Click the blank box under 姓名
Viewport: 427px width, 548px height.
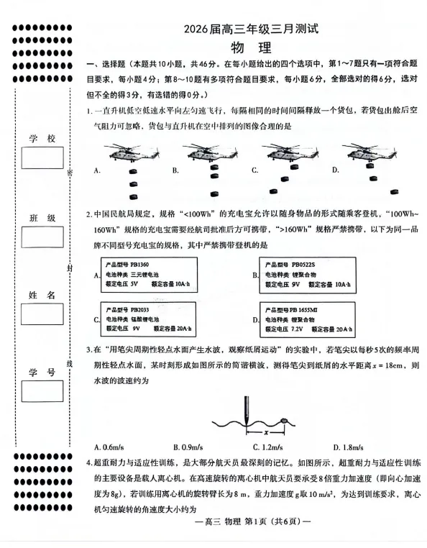point(42,314)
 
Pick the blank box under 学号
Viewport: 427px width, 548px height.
point(42,391)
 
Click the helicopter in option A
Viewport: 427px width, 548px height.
point(129,152)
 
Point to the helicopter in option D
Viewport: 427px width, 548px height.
point(369,152)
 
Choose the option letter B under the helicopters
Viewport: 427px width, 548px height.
point(175,171)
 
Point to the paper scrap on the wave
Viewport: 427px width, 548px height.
point(284,421)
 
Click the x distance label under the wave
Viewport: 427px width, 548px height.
point(266,433)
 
